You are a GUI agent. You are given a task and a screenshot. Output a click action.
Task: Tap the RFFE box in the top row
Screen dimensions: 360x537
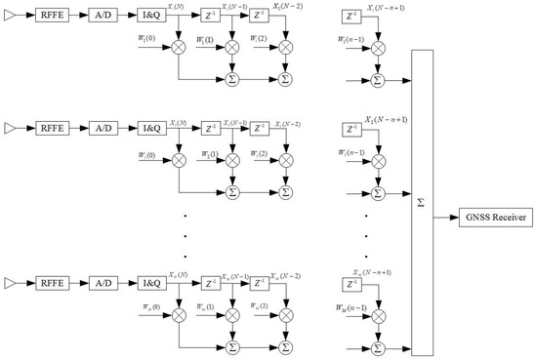pyautogui.click(x=51, y=18)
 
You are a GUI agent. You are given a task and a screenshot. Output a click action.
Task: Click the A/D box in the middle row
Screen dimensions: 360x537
pyautogui.click(x=106, y=127)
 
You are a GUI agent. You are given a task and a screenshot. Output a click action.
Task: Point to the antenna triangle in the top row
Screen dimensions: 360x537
pyautogui.click(x=12, y=18)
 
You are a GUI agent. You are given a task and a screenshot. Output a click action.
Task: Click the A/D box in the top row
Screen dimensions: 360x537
pyautogui.click(x=106, y=18)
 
